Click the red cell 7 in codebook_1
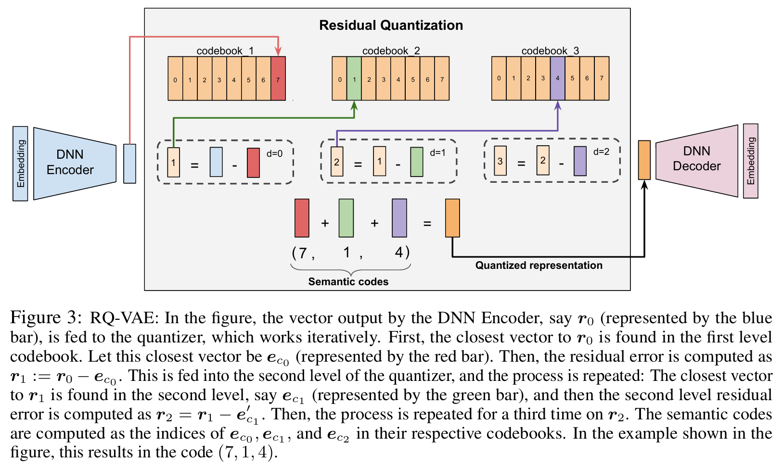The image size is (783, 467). pyautogui.click(x=278, y=78)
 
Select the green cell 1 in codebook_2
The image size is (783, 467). pyautogui.click(x=354, y=78)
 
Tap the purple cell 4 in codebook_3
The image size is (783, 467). pyautogui.click(x=558, y=78)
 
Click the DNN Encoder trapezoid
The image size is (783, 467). pyautogui.click(x=75, y=164)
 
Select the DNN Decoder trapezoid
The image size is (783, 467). pyautogui.click(x=697, y=161)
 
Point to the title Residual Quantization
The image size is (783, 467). pyautogui.click(x=391, y=25)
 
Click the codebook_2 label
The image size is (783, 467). pyautogui.click(x=391, y=51)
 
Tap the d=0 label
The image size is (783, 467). pyautogui.click(x=274, y=154)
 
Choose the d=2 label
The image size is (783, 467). pyautogui.click(x=601, y=151)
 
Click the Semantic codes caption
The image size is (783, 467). pyautogui.click(x=348, y=281)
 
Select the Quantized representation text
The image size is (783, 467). pyautogui.click(x=539, y=265)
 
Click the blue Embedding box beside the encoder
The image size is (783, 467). pyautogui.click(x=20, y=164)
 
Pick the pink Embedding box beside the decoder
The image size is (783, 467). pyautogui.click(x=750, y=161)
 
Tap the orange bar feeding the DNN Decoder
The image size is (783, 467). pyautogui.click(x=644, y=160)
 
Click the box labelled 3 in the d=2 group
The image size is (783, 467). pyautogui.click(x=500, y=161)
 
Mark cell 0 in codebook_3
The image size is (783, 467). pyautogui.click(x=499, y=78)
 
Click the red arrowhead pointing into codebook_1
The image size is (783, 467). pyautogui.click(x=278, y=51)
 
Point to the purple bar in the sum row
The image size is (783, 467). pyautogui.click(x=399, y=218)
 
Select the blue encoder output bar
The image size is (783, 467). pyautogui.click(x=129, y=164)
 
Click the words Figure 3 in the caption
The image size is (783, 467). pyautogui.click(x=46, y=318)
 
